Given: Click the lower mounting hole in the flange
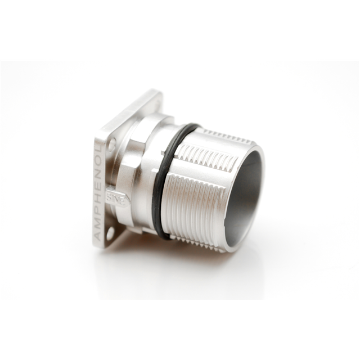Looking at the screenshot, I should coord(110,232).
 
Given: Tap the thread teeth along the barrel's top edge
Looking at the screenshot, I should coord(225,135).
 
